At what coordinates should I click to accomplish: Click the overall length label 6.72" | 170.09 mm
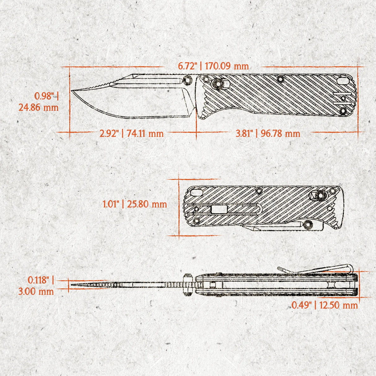click(213, 66)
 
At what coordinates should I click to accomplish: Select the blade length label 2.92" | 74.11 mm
click(132, 133)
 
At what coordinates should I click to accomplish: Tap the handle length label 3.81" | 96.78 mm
click(268, 133)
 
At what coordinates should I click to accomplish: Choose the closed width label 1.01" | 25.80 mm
click(135, 204)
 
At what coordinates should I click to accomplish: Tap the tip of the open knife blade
click(72, 91)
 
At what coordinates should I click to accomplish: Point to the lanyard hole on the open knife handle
click(343, 81)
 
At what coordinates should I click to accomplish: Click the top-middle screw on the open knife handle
click(281, 79)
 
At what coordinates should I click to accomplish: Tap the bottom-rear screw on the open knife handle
click(343, 111)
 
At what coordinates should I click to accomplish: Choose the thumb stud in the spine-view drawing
click(187, 284)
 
